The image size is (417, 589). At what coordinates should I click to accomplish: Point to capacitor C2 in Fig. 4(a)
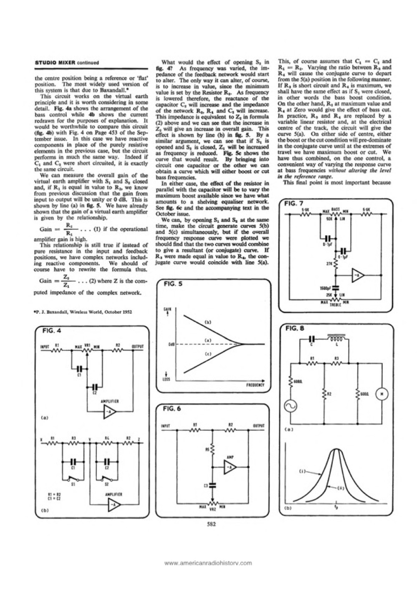click(95, 387)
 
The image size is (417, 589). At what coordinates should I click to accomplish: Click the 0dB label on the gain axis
click(171, 344)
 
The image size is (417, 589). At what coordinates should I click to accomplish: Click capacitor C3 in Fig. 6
click(213, 485)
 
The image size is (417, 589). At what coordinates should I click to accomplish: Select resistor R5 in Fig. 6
click(213, 450)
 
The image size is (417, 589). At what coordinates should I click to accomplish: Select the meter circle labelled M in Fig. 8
click(382, 393)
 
